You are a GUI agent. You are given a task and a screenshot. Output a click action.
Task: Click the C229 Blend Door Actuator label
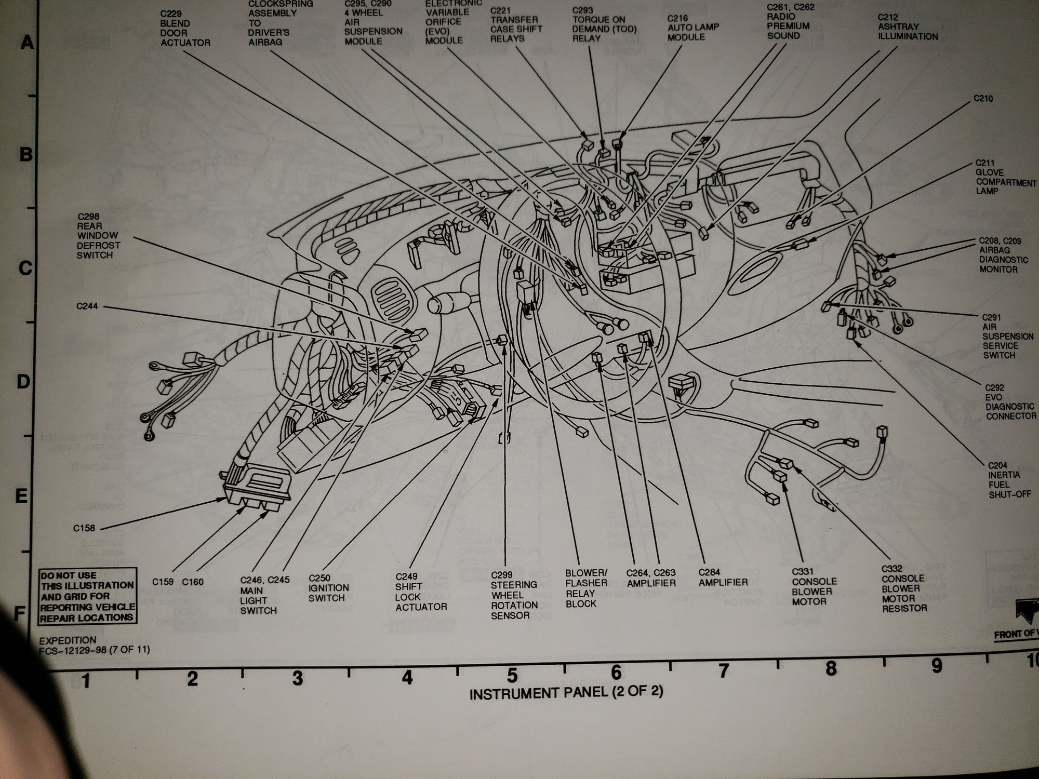(185, 28)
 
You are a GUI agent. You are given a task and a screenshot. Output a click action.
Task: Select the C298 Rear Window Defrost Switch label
(98, 236)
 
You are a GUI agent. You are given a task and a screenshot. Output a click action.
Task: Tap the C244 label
(87, 306)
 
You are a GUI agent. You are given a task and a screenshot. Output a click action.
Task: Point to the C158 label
(84, 529)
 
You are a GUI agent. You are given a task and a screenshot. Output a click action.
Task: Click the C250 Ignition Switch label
(328, 588)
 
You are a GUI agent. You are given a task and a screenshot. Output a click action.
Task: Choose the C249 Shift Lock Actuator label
(421, 592)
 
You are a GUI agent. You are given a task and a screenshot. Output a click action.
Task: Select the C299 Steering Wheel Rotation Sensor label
(514, 595)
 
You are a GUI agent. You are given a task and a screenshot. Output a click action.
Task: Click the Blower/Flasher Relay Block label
(586, 588)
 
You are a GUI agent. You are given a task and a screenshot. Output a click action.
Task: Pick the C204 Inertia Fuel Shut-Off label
(1009, 480)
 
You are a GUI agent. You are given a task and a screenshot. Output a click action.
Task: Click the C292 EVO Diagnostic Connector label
(1010, 402)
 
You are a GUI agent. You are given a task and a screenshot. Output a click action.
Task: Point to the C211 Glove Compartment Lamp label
(1005, 177)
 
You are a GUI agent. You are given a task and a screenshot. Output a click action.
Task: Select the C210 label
(983, 98)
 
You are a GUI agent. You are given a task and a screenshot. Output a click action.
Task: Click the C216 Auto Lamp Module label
(693, 28)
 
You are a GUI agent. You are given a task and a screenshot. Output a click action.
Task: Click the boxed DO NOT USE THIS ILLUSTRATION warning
(87, 596)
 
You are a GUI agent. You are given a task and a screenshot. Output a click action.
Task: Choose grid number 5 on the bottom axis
(512, 676)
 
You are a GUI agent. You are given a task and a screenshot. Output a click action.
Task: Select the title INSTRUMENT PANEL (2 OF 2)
(566, 693)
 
